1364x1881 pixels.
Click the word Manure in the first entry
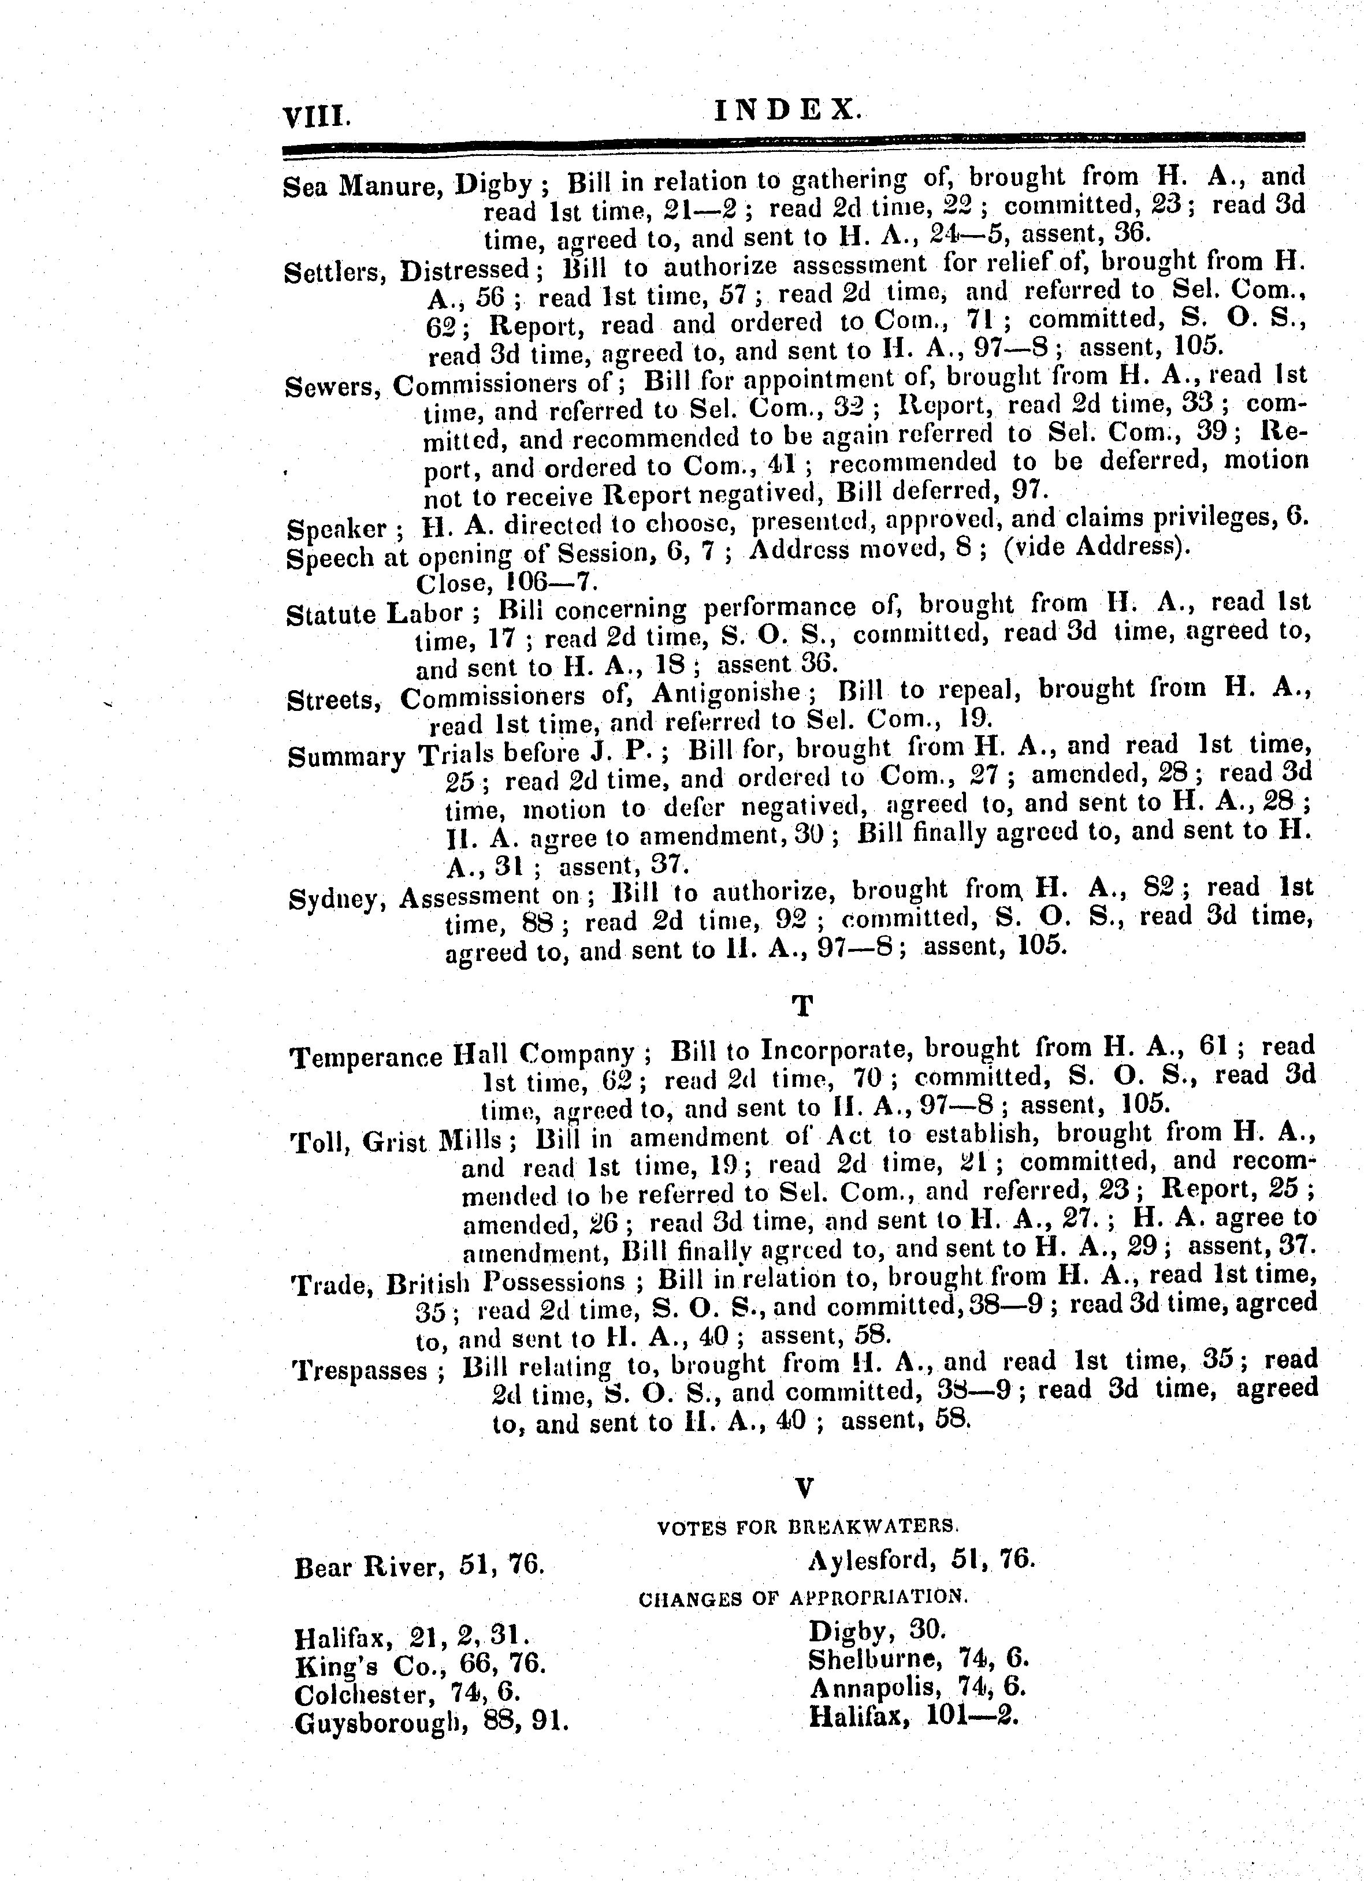coord(390,185)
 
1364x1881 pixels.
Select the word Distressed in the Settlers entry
coord(464,270)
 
